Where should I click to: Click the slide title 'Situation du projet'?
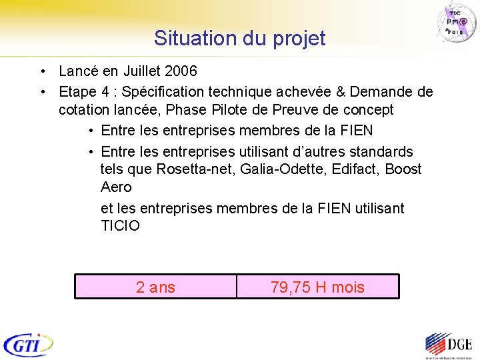point(239,38)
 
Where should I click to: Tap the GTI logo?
point(28,345)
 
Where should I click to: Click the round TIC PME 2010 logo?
point(459,23)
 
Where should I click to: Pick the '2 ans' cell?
point(155,287)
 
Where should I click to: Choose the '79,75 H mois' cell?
point(317,287)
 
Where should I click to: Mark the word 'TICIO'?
point(120,226)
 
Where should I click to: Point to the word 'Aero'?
point(116,187)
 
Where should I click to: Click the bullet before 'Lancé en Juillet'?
point(42,71)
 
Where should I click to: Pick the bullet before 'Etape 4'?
point(42,92)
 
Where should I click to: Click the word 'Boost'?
point(403,169)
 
